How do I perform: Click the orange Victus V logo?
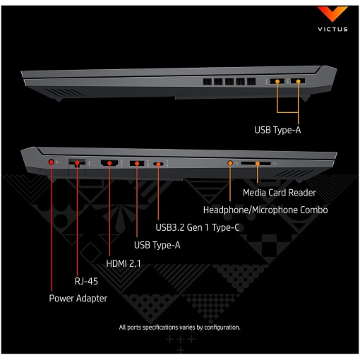pyautogui.click(x=332, y=13)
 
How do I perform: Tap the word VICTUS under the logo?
pyautogui.click(x=332, y=29)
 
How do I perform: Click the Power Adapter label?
pyautogui.click(x=78, y=299)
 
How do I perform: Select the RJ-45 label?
pyautogui.click(x=86, y=281)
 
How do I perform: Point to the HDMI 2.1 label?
pyautogui.click(x=124, y=263)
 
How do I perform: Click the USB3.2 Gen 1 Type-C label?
pyautogui.click(x=198, y=227)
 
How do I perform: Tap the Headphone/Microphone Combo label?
pyautogui.click(x=265, y=210)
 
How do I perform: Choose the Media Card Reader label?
pyautogui.click(x=280, y=193)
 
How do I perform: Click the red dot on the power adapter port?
pyautogui.click(x=52, y=162)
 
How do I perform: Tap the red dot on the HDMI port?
pyautogui.click(x=109, y=163)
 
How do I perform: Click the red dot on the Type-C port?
pyautogui.click(x=158, y=164)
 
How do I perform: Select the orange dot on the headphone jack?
pyautogui.click(x=230, y=163)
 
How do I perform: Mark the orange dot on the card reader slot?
pyautogui.click(x=258, y=163)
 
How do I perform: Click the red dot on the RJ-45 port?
pyautogui.click(x=77, y=163)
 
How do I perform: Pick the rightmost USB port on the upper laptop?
pyautogui.click(x=298, y=81)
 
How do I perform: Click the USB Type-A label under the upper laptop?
pyautogui.click(x=277, y=130)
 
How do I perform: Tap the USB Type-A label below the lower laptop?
pyautogui.click(x=157, y=245)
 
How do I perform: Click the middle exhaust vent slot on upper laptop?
pyautogui.click(x=229, y=81)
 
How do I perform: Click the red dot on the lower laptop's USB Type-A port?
pyautogui.click(x=137, y=163)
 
